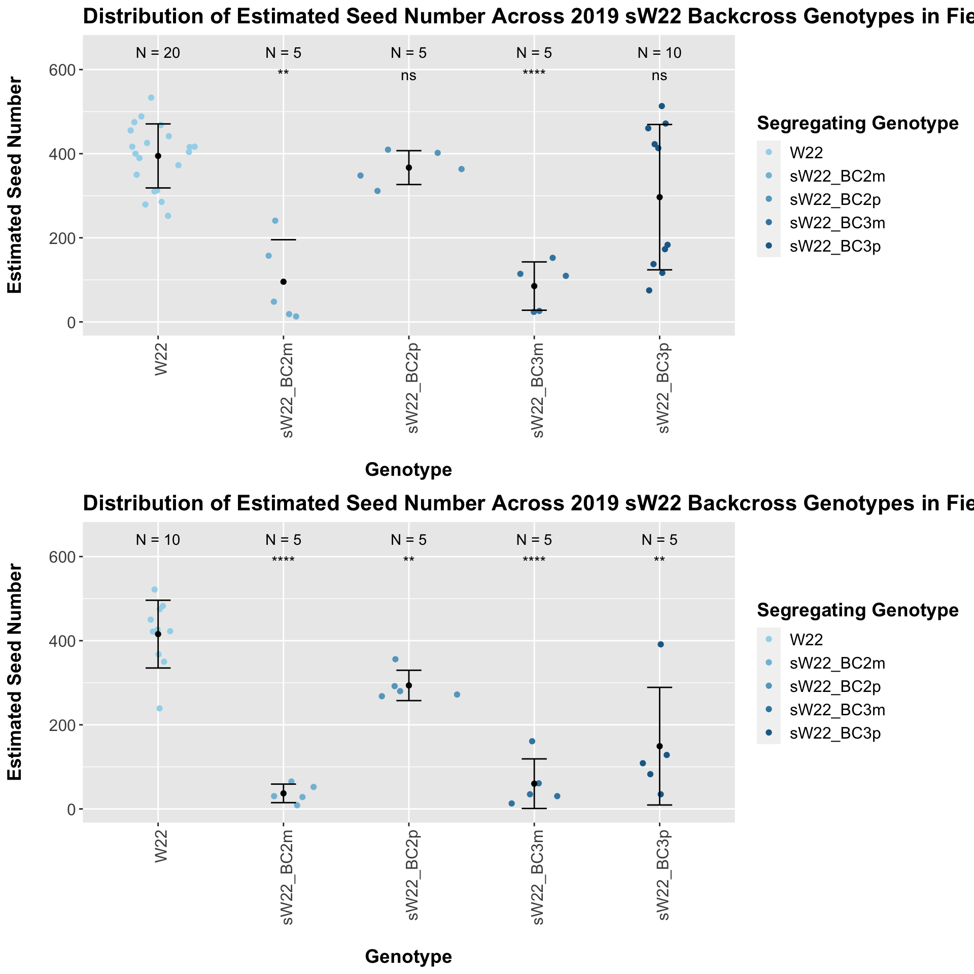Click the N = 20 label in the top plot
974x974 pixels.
tap(158, 53)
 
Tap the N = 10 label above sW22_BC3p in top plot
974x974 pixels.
tap(659, 53)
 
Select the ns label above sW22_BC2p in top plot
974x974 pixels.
tap(408, 76)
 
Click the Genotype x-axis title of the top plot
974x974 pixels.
tap(408, 470)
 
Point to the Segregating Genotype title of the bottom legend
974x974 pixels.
tap(857, 610)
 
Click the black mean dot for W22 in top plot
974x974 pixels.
tap(158, 156)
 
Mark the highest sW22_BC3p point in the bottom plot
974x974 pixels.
tap(660, 644)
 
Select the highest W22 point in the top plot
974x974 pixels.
tap(151, 97)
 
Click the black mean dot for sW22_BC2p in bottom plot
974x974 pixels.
tap(408, 685)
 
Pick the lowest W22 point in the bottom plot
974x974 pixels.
tap(159, 708)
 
